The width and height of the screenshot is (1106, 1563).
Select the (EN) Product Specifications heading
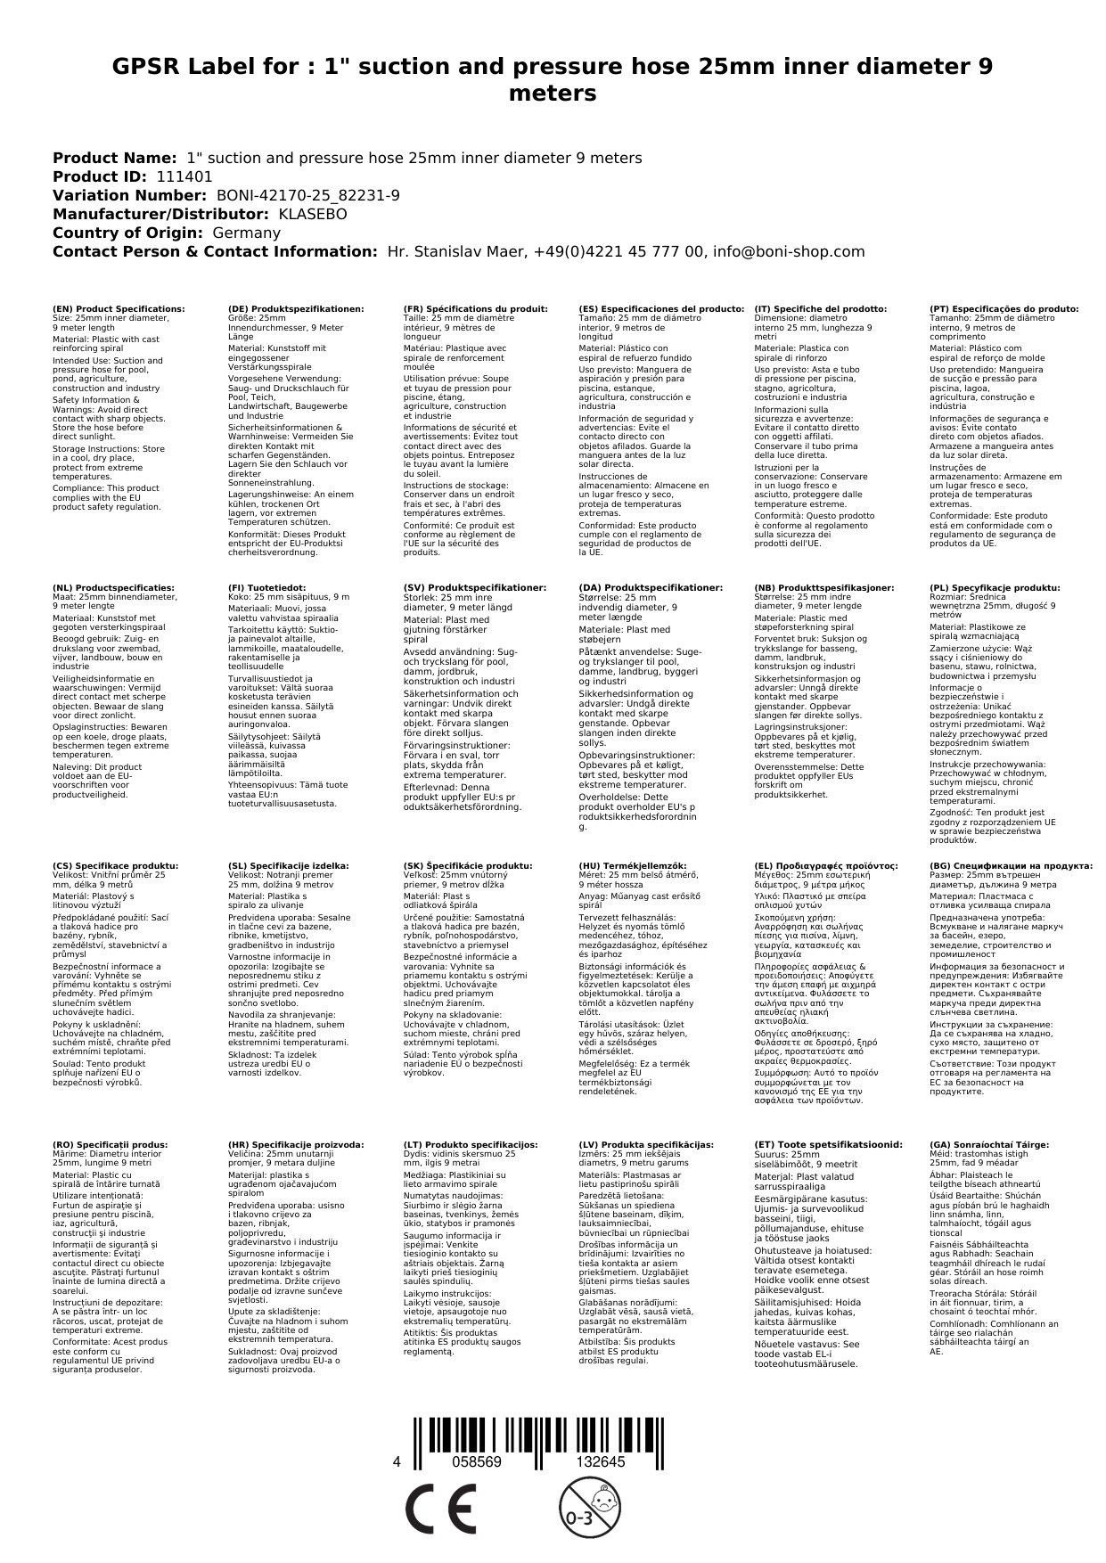point(119,308)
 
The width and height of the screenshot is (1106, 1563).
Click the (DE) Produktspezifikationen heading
point(296,308)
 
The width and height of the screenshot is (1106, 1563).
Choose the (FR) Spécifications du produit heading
point(475,308)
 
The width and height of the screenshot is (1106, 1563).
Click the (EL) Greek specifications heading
point(825,865)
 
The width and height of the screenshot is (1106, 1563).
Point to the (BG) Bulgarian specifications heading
point(1011,865)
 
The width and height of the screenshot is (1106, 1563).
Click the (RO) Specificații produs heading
point(110,1144)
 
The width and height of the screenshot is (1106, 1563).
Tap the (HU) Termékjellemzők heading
point(632,865)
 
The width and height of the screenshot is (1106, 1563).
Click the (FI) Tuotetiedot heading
point(266,588)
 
